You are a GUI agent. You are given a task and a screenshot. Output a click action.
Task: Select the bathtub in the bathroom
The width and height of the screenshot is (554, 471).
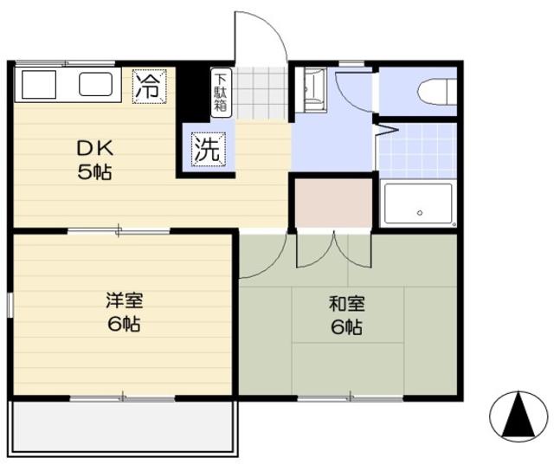pyautogui.click(x=418, y=205)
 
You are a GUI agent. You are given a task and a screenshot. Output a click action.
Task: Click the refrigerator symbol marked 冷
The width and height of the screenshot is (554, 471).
pyautogui.click(x=148, y=86)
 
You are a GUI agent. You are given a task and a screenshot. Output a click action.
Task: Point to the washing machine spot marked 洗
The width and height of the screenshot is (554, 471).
pyautogui.click(x=207, y=148)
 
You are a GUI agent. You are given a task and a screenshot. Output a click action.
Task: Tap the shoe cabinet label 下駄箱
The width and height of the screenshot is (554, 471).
pyautogui.click(x=220, y=93)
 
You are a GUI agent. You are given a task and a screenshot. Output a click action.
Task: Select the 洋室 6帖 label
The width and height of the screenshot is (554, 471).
pyautogui.click(x=124, y=313)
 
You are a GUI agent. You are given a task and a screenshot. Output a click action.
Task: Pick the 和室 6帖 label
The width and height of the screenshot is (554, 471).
pyautogui.click(x=346, y=315)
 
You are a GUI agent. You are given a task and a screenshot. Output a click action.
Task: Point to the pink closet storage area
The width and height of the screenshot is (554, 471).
pyautogui.click(x=333, y=202)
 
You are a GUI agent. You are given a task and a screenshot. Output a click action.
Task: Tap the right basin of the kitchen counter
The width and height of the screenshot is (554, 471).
pyautogui.click(x=96, y=85)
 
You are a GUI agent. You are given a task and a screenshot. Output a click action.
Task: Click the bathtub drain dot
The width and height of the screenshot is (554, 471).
pyautogui.click(x=418, y=212)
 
